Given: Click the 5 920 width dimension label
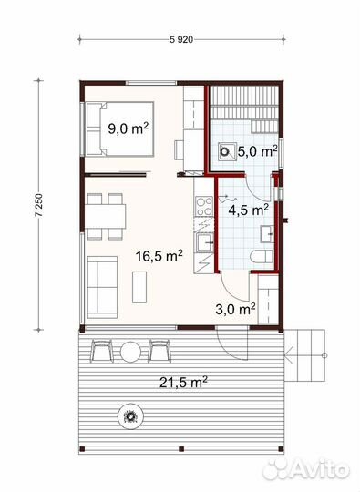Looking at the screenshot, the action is pyautogui.click(x=181, y=40).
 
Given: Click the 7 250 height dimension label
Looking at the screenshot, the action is pyautogui.click(x=39, y=205).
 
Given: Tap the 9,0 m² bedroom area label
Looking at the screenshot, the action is pyautogui.click(x=129, y=128).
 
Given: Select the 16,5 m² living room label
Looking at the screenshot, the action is pyautogui.click(x=159, y=256).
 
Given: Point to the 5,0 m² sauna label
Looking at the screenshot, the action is pyautogui.click(x=257, y=151).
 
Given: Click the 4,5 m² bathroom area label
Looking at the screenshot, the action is pyautogui.click(x=248, y=210).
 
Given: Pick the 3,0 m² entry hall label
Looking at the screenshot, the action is pyautogui.click(x=235, y=309).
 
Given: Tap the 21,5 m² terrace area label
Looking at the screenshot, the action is pyautogui.click(x=183, y=382).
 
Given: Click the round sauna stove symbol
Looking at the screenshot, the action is pyautogui.click(x=225, y=151).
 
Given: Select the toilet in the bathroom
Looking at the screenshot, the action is pyautogui.click(x=262, y=257).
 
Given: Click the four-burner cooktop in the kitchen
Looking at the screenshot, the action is pyautogui.click(x=204, y=206).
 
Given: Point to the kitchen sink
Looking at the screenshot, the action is pyautogui.click(x=205, y=242).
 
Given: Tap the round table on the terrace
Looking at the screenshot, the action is pyautogui.click(x=130, y=352).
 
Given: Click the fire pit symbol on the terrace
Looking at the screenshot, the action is pyautogui.click(x=130, y=416).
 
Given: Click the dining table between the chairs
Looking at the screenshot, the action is pyautogui.click(x=105, y=217).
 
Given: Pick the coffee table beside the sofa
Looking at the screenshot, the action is pyautogui.click(x=139, y=287).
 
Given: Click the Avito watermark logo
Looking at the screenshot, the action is pyautogui.click(x=306, y=469).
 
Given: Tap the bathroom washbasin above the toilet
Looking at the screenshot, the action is pyautogui.click(x=267, y=234).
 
